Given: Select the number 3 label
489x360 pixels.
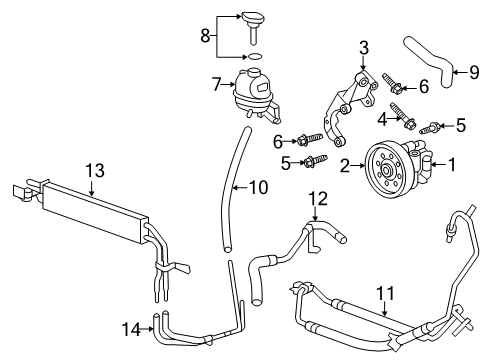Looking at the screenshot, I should click(364, 46).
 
